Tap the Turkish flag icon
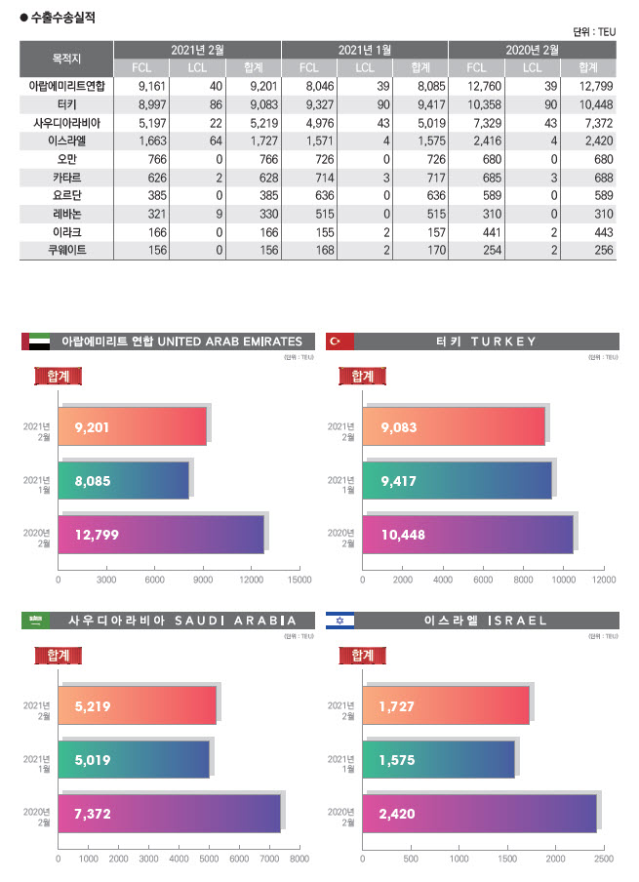pos(339,341)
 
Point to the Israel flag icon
pos(339,621)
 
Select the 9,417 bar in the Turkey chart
pos(457,480)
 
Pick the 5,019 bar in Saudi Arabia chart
pos(134,759)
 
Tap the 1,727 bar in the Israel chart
pos(445,704)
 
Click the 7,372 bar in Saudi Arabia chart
pos(169,814)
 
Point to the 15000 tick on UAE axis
pos(300,580)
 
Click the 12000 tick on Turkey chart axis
pos(604,580)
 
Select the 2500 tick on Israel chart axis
pos(603,860)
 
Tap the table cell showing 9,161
pos(140,86)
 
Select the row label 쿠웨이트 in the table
pos(66,252)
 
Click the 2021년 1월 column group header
pos(365,50)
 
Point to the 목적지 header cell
pos(66,59)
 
